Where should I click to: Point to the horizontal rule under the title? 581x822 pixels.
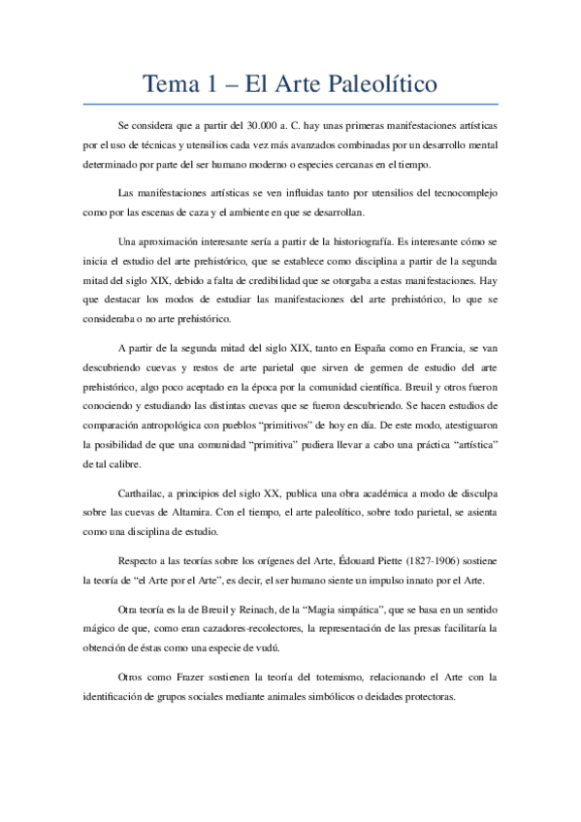click(290, 104)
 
